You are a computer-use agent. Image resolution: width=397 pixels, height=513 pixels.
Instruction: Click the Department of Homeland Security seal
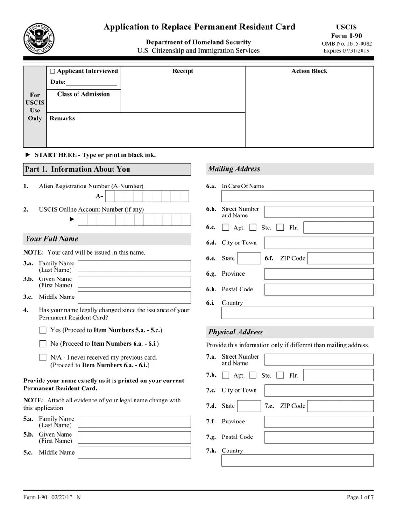click(39, 38)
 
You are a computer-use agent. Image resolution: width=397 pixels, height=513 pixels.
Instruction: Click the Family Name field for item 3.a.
click(134, 266)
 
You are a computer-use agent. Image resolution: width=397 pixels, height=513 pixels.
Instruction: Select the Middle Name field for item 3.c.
click(134, 297)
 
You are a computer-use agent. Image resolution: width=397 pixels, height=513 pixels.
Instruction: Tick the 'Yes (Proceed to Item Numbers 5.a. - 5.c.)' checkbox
click(43, 331)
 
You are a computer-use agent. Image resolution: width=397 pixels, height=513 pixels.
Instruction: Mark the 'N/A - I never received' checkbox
click(43, 358)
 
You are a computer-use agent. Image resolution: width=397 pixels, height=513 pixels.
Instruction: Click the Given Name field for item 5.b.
click(134, 437)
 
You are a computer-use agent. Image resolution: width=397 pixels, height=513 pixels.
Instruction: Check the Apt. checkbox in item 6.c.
click(226, 228)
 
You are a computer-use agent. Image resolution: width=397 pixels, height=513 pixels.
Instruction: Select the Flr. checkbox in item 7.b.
click(280, 375)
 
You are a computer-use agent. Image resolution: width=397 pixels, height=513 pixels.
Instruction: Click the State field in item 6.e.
click(249, 258)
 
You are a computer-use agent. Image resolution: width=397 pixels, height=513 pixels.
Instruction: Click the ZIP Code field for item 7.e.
click(340, 406)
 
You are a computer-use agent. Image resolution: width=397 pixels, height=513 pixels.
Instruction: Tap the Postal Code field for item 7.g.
click(319, 437)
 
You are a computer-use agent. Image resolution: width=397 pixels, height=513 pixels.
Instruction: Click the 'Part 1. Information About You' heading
click(77, 169)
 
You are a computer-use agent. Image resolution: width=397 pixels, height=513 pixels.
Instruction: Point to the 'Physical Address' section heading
click(235, 332)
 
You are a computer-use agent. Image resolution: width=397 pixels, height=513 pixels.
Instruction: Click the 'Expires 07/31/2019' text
click(346, 51)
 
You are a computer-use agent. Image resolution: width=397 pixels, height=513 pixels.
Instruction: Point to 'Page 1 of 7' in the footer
click(360, 497)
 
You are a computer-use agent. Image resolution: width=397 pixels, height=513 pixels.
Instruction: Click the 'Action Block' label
click(309, 71)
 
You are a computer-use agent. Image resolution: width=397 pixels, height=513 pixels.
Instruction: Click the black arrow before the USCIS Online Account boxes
click(71, 219)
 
